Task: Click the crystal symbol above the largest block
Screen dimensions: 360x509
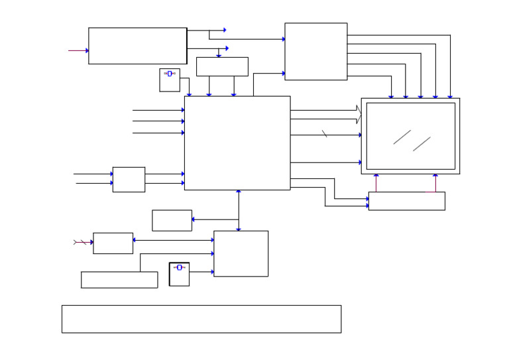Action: point(170,74)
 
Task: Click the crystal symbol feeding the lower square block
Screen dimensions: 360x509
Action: point(179,268)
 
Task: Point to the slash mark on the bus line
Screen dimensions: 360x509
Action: point(325,134)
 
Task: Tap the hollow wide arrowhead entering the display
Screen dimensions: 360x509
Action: point(359,115)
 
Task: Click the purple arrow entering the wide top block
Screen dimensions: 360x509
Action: point(78,50)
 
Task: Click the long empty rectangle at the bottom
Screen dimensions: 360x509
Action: point(201,319)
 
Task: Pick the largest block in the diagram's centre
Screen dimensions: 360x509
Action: point(237,143)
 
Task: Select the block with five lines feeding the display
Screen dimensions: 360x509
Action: point(315,52)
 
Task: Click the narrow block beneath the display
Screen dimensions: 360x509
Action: point(406,201)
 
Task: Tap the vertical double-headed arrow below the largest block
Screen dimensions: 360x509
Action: point(239,210)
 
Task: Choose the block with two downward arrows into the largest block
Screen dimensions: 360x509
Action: point(222,66)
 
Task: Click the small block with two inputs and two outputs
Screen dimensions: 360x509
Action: point(129,179)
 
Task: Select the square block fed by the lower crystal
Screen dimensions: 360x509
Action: point(241,253)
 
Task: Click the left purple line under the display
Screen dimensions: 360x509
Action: point(376,183)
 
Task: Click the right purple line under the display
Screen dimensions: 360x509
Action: point(435,183)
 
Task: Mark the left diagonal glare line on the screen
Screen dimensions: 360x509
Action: point(402,137)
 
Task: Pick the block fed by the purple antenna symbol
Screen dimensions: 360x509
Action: point(113,243)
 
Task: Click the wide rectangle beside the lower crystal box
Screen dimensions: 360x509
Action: point(119,280)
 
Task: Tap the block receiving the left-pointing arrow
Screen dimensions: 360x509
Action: point(172,220)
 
